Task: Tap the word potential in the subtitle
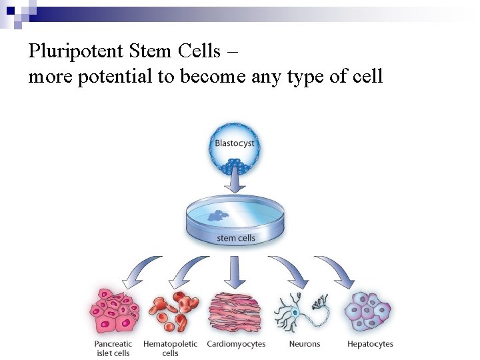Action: (x=115, y=77)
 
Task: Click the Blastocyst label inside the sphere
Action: (x=235, y=143)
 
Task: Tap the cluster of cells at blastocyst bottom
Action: (x=235, y=163)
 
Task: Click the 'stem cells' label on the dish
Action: (x=236, y=238)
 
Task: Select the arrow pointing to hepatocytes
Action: (x=337, y=271)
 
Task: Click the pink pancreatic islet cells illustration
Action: (x=114, y=311)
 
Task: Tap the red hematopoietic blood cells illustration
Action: (x=173, y=311)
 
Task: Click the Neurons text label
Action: (x=305, y=344)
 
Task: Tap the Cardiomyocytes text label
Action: (x=236, y=344)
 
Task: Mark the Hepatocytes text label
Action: (x=370, y=344)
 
